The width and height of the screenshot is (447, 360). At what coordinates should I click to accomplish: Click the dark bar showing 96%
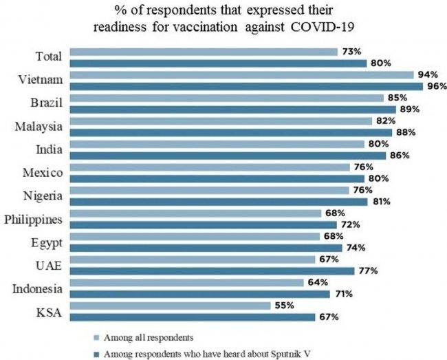pyautogui.click(x=247, y=86)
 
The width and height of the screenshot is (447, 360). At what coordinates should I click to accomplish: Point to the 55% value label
pyautogui.click(x=285, y=305)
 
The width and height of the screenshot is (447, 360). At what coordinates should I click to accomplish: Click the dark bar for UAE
pyautogui.click(x=212, y=271)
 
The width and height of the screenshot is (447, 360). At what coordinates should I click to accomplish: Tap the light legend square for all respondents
pyautogui.click(x=95, y=338)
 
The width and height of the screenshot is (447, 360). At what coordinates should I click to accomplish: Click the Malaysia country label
pyautogui.click(x=39, y=126)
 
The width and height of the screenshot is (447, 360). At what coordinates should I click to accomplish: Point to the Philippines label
pyautogui.click(x=34, y=220)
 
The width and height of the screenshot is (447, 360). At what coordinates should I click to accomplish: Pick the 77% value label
pyautogui.click(x=368, y=271)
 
